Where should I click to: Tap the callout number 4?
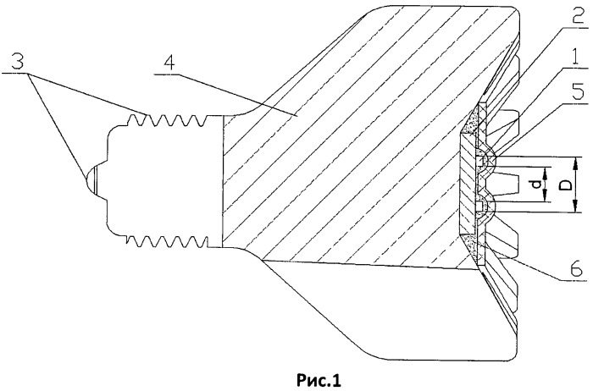coord(169,64)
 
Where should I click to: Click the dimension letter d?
coord(536,184)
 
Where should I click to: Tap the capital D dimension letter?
coord(565,185)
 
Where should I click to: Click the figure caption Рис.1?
coord(319,380)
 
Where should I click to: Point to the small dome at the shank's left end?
coord(91,179)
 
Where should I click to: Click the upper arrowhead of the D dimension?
coord(575,163)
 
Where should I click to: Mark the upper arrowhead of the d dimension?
coord(546,173)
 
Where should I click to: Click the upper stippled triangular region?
coord(470,122)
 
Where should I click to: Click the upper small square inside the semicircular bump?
coord(480,162)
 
